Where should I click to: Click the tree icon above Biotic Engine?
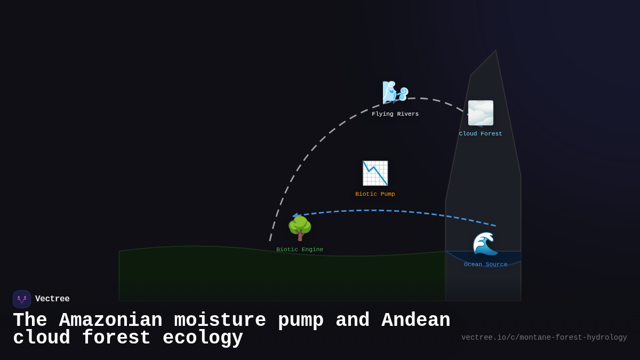click(x=300, y=228)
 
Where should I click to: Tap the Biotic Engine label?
click(x=300, y=250)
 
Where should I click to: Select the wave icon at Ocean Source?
click(x=485, y=244)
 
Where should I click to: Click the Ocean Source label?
click(x=485, y=265)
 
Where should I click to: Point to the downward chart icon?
click(x=375, y=173)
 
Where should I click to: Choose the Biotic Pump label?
click(x=375, y=194)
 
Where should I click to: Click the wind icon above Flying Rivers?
click(x=395, y=92)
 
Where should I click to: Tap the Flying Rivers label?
click(x=395, y=114)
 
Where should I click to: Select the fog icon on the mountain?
click(x=481, y=113)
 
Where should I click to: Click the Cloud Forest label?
click(x=481, y=134)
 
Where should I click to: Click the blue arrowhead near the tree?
click(x=295, y=215)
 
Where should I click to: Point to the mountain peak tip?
click(x=495, y=52)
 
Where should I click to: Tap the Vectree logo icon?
click(x=22, y=299)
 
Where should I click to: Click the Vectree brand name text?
click(x=52, y=299)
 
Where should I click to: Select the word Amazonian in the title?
click(x=110, y=321)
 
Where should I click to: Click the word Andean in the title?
click(x=415, y=321)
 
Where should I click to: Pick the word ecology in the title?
click(x=203, y=338)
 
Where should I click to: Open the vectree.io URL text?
click(x=544, y=338)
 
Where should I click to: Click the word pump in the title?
click(x=301, y=321)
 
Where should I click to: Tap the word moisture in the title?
click(x=220, y=321)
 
